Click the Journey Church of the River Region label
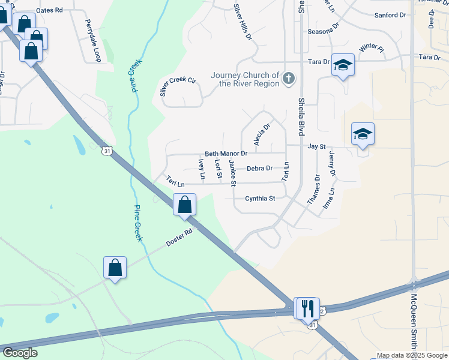[245, 79]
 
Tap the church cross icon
[289, 79]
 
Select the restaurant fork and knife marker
[308, 308]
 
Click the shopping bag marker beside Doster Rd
[115, 268]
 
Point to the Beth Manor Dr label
[226, 154]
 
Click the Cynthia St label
[260, 198]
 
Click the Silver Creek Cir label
[178, 88]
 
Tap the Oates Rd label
[49, 11]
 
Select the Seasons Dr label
[323, 31]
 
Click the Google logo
[20, 353]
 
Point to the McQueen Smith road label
[413, 320]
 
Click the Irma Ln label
[328, 198]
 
